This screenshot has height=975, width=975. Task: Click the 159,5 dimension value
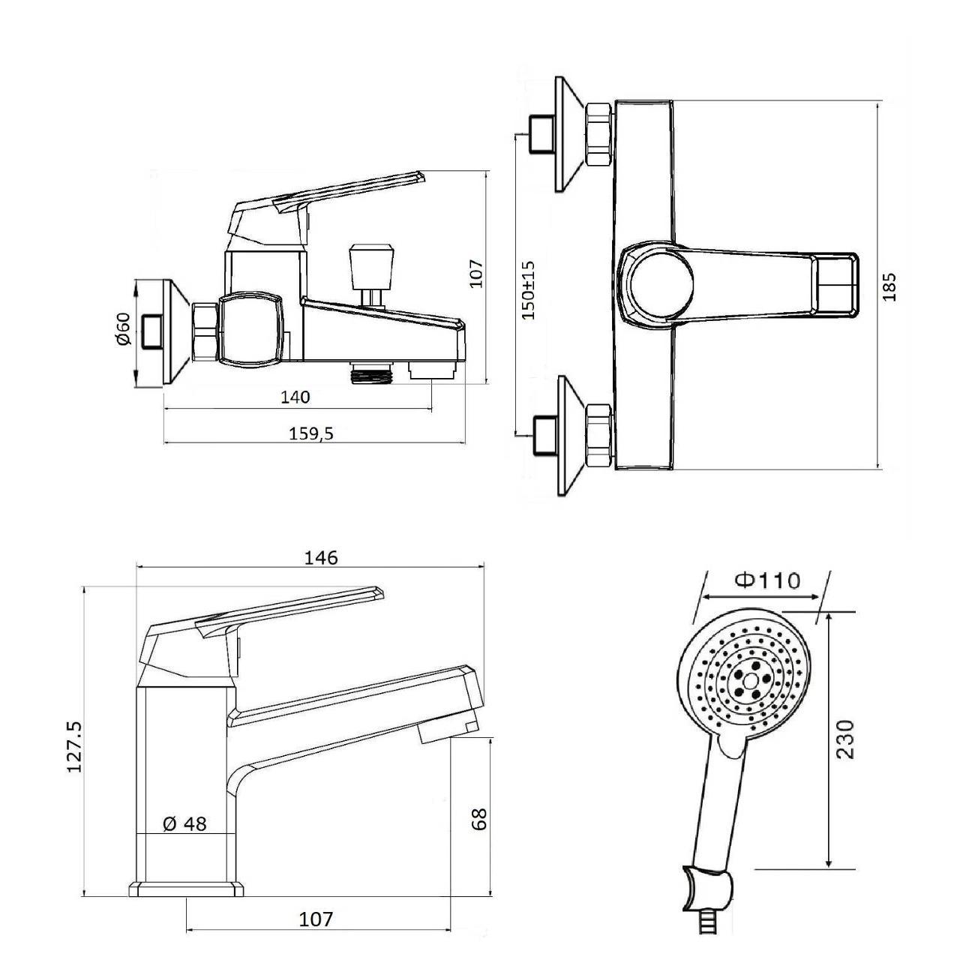(x=311, y=433)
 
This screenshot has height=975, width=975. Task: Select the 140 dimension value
(x=295, y=397)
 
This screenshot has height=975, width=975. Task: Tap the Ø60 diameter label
(x=123, y=329)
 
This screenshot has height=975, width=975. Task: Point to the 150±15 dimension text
(x=528, y=290)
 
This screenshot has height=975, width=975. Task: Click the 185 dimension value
(x=889, y=287)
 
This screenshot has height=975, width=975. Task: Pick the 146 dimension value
(x=320, y=557)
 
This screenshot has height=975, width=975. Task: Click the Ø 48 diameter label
(x=185, y=824)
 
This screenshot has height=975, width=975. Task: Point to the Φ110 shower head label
(x=768, y=580)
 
